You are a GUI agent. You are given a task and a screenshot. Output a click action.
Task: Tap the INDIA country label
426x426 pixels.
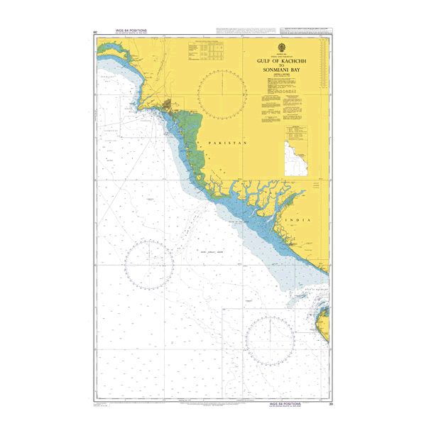click(297, 222)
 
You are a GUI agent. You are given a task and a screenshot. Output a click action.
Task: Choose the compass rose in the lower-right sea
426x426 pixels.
click(271, 336)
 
